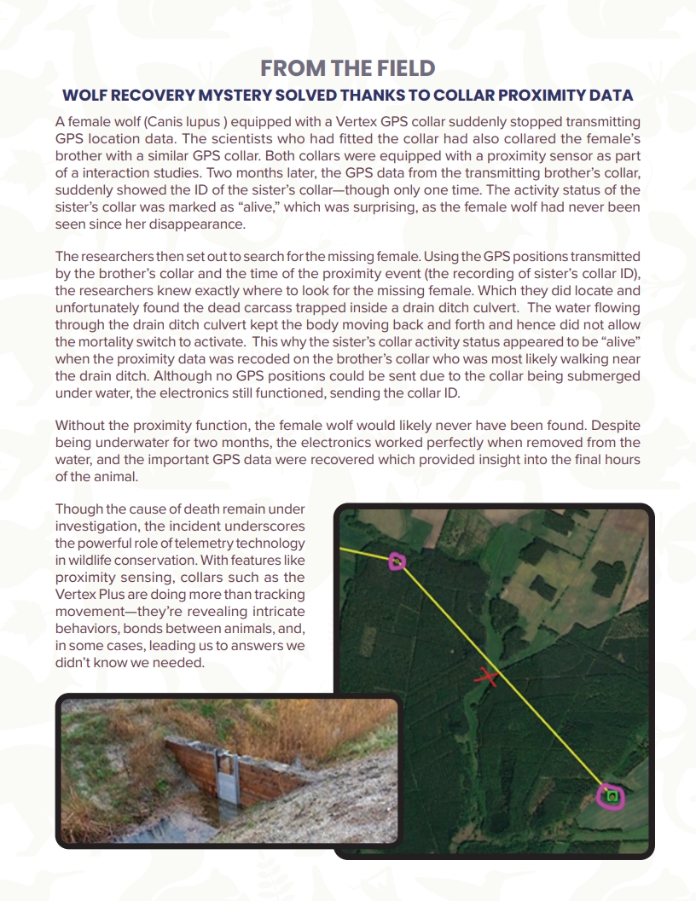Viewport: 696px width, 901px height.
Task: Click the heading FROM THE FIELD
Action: [347, 68]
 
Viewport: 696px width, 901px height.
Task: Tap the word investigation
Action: [97, 526]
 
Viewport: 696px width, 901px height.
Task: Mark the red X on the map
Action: [486, 677]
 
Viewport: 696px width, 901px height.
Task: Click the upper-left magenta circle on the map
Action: [397, 561]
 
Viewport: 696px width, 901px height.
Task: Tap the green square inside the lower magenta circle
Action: [612, 797]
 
